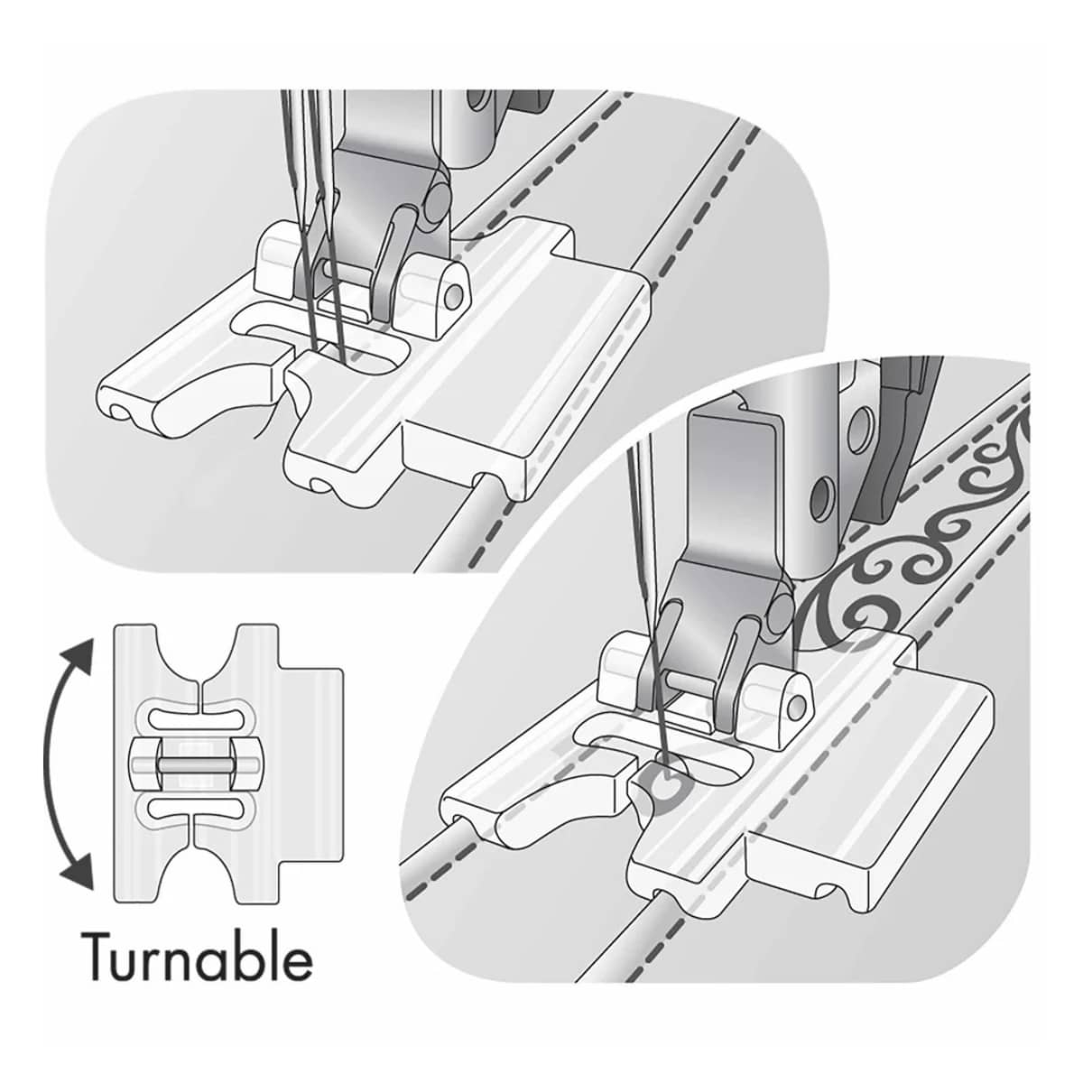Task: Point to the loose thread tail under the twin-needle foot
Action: coord(270,417)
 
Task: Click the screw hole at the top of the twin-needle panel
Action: coord(478,101)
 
